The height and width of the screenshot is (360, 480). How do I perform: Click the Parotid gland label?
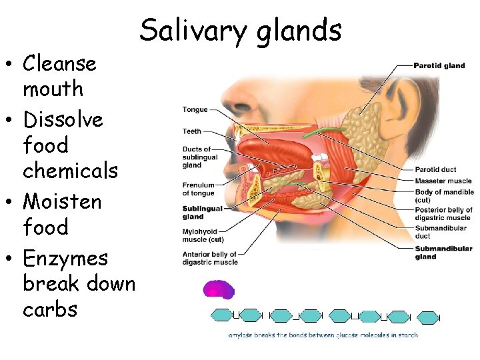pos(439,65)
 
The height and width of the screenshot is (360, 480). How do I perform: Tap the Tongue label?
pos(195,109)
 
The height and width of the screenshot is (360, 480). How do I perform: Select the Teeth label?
pos(192,131)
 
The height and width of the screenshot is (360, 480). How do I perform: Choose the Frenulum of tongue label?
pos(199,189)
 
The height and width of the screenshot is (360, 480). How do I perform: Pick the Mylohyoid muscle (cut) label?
pos(203,235)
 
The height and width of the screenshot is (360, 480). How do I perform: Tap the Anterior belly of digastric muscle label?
pos(209,258)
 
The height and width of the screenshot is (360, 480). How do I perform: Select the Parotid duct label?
pos(435,170)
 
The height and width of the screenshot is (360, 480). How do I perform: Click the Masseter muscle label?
pos(443,181)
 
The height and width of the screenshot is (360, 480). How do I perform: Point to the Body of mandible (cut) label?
pos(443,195)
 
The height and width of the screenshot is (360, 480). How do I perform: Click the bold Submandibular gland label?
pos(443,253)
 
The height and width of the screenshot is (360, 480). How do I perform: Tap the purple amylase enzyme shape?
pos(219,289)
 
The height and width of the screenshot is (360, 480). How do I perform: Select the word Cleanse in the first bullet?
pos(59,64)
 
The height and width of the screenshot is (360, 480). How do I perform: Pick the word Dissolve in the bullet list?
pos(63,119)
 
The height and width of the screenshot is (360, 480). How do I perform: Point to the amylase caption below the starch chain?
pos(323,335)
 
